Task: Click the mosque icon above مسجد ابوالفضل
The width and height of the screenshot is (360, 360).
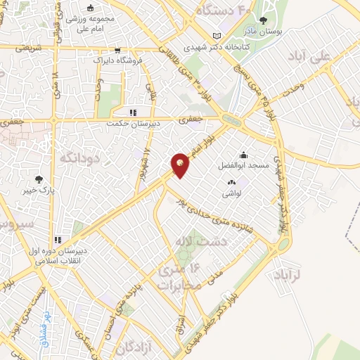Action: tap(243, 155)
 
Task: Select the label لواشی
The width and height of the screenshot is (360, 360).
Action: tap(232, 192)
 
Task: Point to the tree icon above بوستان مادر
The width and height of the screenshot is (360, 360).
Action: tap(264, 20)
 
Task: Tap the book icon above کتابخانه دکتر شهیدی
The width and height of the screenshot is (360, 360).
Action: tap(217, 36)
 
